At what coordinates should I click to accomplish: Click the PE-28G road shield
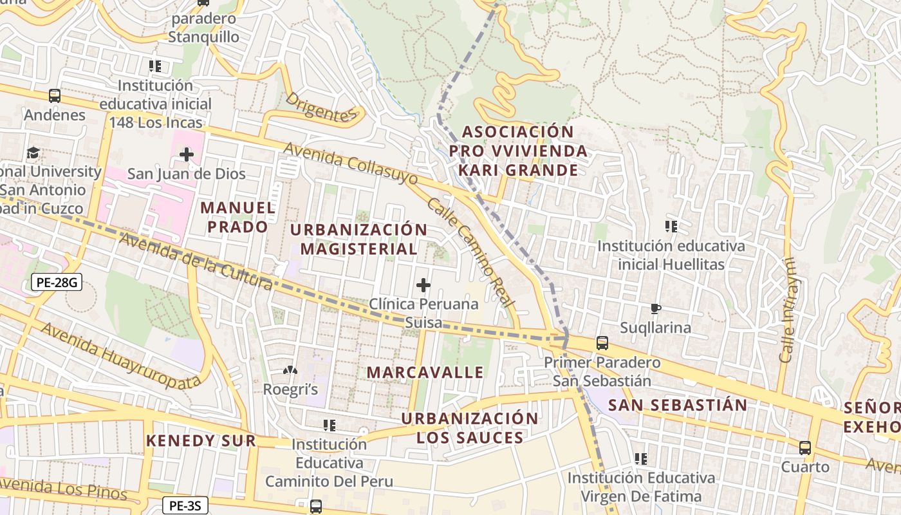click(57, 281)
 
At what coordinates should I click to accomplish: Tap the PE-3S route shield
click(185, 505)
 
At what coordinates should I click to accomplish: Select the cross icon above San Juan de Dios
click(187, 154)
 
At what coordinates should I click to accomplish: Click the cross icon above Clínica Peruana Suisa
click(423, 285)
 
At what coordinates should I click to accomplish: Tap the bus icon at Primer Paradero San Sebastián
click(602, 343)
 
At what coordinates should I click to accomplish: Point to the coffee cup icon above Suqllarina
click(655, 308)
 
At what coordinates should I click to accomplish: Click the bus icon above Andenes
click(55, 96)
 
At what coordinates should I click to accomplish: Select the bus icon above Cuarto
click(805, 447)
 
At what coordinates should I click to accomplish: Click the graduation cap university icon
click(33, 153)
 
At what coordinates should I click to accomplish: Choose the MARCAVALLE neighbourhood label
click(425, 372)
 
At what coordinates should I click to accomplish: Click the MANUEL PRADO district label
click(237, 217)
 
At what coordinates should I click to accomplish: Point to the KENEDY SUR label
click(201, 441)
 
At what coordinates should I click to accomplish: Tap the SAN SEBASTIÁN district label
click(678, 405)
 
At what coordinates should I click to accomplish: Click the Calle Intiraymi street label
click(788, 310)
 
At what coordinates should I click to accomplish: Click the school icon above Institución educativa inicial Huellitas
click(671, 227)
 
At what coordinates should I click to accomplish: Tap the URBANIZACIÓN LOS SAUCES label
click(470, 428)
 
